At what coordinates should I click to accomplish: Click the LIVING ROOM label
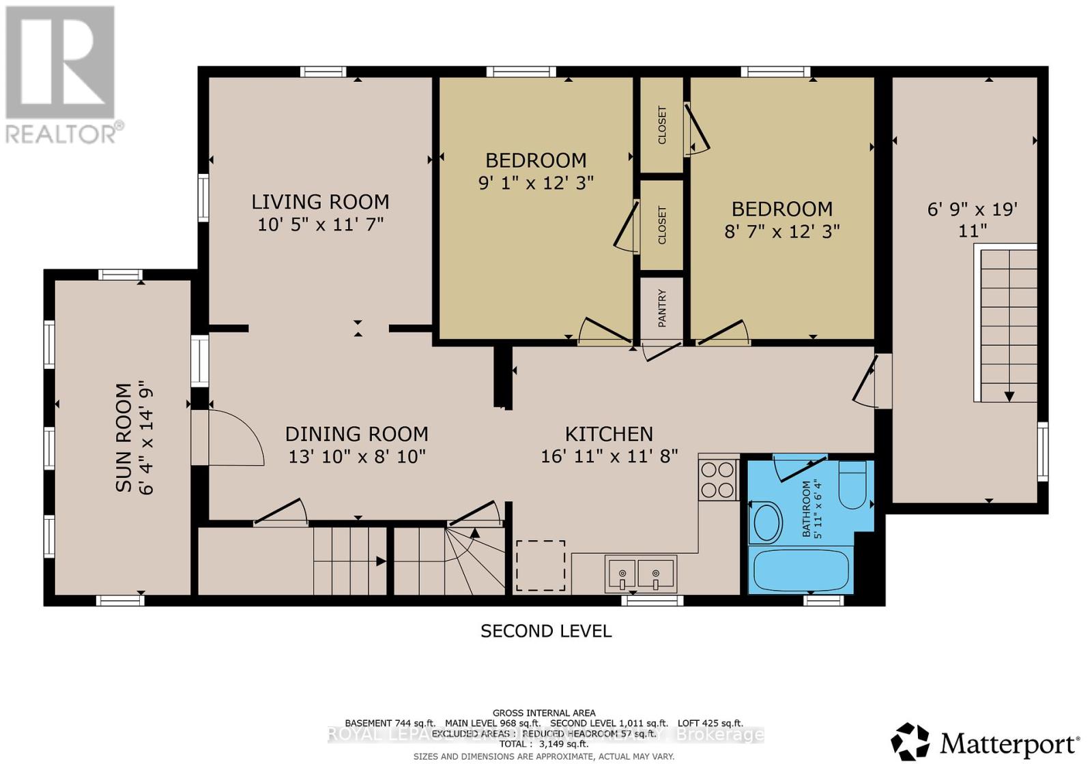pos(320,202)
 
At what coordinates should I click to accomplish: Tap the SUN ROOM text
pos(124,437)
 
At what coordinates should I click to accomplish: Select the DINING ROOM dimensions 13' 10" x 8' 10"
pos(357,456)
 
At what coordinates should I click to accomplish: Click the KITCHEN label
pos(609,434)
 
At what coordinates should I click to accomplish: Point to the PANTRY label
pos(661,308)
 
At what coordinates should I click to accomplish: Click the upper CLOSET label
pos(661,125)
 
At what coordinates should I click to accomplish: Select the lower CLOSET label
pos(661,225)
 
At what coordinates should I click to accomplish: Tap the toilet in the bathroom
pos(852,485)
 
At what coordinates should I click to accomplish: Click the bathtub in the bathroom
pos(799,571)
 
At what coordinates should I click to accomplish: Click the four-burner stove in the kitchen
pos(718,479)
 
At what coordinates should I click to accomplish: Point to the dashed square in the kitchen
pos(540,565)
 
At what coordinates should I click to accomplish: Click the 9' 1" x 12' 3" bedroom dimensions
pos(536,183)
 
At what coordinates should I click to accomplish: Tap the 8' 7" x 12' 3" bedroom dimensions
pos(781,231)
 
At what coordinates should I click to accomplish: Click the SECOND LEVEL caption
pos(545,631)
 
